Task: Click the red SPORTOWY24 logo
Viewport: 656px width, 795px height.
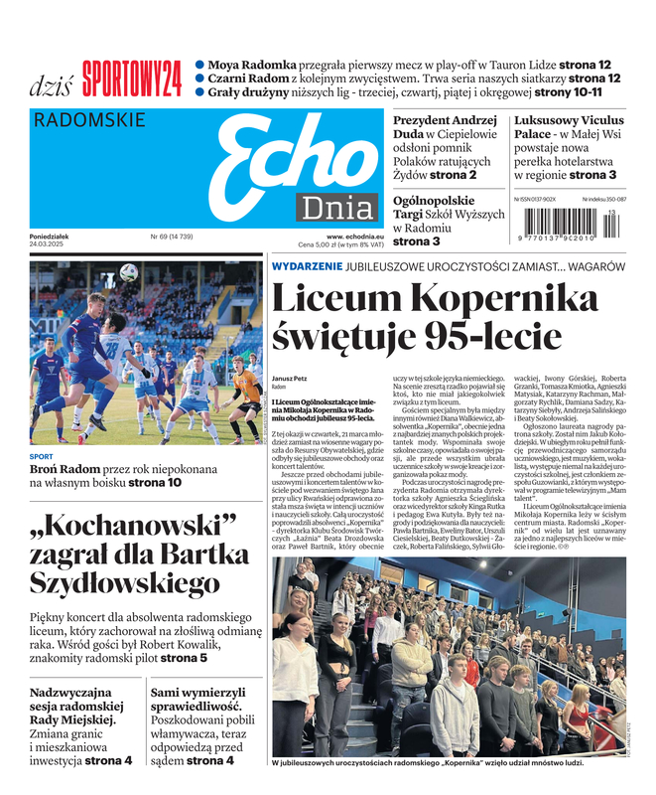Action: pos(132,76)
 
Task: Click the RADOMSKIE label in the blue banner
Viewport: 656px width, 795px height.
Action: pos(89,121)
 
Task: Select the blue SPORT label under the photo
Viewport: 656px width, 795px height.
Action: pos(41,458)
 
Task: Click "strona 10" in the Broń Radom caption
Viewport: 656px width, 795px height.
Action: pos(154,483)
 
